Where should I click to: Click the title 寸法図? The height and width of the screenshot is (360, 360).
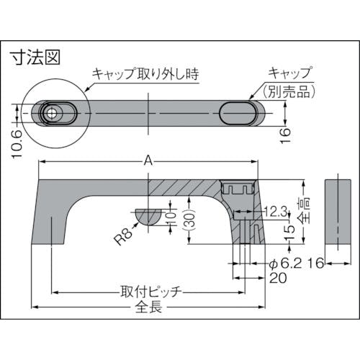pos(36,57)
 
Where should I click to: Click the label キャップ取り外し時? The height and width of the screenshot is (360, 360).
pos(145,73)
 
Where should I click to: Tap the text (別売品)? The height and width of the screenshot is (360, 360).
pos(289,91)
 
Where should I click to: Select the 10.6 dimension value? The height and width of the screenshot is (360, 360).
pos(17,144)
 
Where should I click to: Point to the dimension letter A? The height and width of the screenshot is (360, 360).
pos(148,161)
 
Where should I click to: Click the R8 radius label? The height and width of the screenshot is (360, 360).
pos(123,236)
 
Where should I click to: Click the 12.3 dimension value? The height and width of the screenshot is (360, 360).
pos(276,212)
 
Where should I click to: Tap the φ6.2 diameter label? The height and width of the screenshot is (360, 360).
pos(285,264)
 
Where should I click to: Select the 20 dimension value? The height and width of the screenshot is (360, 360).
pos(278,279)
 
